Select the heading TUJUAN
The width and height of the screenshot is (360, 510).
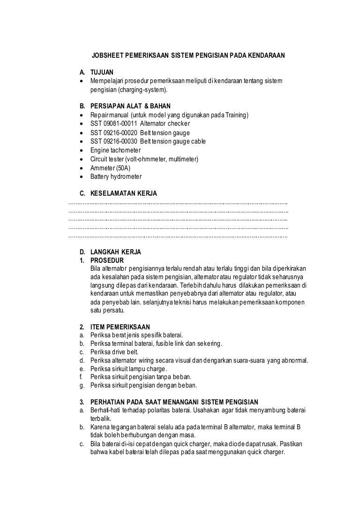[x=102, y=73]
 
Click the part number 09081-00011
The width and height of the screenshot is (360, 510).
[x=122, y=124]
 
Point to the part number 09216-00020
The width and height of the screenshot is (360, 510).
[x=122, y=133]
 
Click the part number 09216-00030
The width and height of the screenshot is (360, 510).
[x=122, y=142]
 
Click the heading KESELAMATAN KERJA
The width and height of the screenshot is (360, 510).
[x=124, y=193]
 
